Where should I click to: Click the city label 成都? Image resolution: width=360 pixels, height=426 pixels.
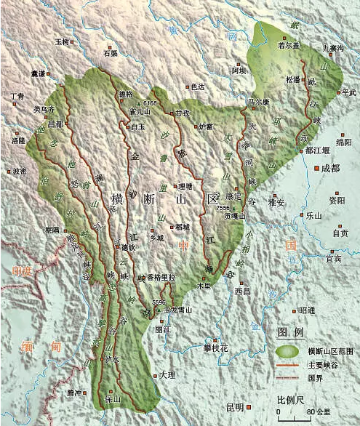331,168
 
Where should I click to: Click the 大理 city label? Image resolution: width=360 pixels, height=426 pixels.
167,374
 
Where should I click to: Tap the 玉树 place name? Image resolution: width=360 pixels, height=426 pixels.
63,42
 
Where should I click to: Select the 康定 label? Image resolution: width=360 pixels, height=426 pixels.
233,196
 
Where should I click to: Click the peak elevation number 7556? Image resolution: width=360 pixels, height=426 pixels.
223,209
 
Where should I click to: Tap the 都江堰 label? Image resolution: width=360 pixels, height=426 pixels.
317,149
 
